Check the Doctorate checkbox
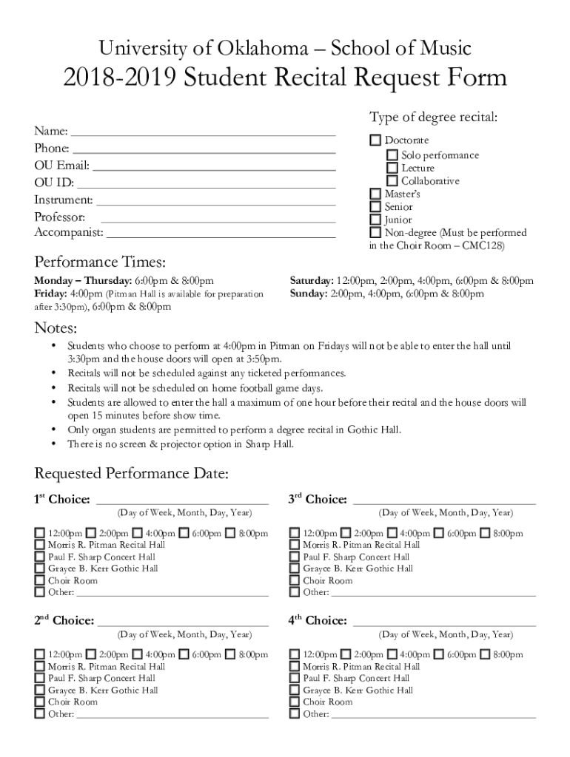point(375,140)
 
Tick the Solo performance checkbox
point(392,155)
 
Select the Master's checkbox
point(375,194)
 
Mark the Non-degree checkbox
point(375,233)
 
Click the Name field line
point(203,133)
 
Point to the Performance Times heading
point(100,263)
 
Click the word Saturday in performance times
point(311,281)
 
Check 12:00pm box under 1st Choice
point(39,533)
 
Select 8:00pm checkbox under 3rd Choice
point(485,533)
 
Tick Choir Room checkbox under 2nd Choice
point(39,702)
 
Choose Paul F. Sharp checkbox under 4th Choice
point(294,678)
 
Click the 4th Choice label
point(318,621)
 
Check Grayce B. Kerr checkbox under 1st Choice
point(39,568)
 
